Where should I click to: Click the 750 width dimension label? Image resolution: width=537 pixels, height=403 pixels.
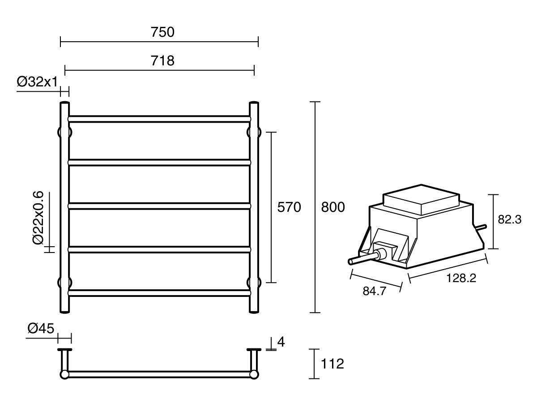(x=162, y=33)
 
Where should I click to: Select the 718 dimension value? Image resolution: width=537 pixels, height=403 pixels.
(x=162, y=60)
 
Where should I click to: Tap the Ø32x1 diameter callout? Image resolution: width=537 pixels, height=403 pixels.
(x=38, y=82)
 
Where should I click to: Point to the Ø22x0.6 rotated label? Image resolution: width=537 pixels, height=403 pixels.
(x=38, y=218)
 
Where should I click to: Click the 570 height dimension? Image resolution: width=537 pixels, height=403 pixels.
(x=289, y=207)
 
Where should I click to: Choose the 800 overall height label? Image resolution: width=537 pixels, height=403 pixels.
(x=333, y=207)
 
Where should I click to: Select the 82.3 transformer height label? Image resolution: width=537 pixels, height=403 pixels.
(x=509, y=220)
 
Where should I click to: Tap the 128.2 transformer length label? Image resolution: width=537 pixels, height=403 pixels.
(x=461, y=278)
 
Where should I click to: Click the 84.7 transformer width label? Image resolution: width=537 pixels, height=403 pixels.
(x=375, y=292)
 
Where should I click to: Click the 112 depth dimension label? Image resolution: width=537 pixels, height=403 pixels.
(x=332, y=364)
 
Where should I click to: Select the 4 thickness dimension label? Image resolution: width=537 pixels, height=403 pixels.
(x=281, y=342)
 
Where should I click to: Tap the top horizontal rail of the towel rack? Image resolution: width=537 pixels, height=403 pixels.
(x=159, y=119)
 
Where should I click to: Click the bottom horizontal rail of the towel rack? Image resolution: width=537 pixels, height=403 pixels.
(x=159, y=292)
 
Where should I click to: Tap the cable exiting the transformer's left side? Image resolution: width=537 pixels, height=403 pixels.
(x=361, y=259)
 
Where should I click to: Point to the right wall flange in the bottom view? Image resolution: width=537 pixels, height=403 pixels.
(x=254, y=350)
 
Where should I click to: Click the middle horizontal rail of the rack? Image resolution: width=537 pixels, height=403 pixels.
(x=159, y=206)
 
